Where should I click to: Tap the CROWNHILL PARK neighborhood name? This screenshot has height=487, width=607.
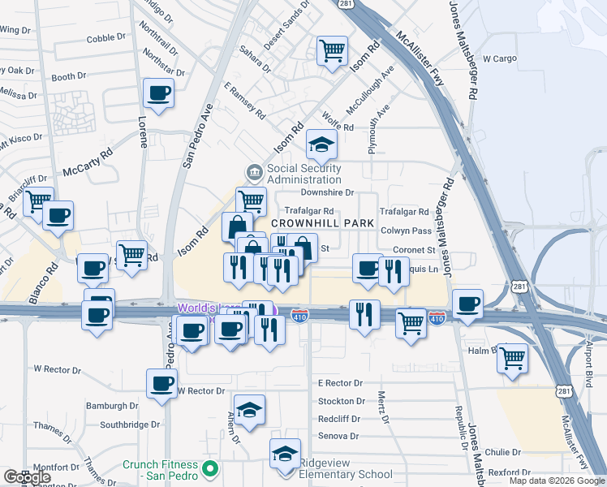tap(322, 223)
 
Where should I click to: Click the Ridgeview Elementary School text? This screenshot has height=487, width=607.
tap(346, 474)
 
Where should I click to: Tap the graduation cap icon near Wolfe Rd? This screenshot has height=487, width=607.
tap(321, 146)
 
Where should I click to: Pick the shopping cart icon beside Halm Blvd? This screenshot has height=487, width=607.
tap(512, 357)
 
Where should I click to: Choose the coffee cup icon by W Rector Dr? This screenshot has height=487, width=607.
tap(161, 382)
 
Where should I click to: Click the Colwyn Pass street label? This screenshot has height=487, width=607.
tap(400, 231)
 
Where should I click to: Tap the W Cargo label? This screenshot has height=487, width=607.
tap(499, 58)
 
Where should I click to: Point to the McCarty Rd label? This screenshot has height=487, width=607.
tap(87, 164)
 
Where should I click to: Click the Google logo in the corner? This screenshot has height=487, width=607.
tap(28, 477)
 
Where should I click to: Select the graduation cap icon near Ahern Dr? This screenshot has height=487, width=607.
tap(250, 409)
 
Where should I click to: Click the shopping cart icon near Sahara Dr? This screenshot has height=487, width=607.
tap(332, 50)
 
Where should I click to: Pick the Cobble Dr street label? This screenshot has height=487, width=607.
tap(106, 37)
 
